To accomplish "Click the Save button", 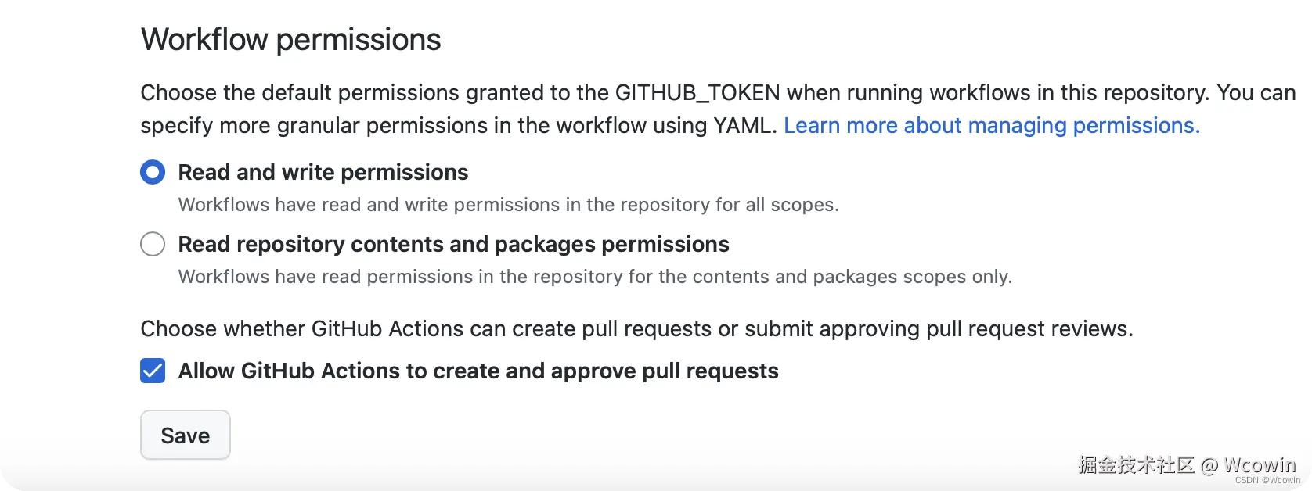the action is pyautogui.click(x=186, y=435).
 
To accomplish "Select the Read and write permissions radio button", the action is pyautogui.click(x=153, y=172).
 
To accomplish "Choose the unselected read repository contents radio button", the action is pyautogui.click(x=153, y=244).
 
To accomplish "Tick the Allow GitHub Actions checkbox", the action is pyautogui.click(x=153, y=371).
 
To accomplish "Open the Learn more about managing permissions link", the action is pyautogui.click(x=992, y=126).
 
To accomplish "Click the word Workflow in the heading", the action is pyautogui.click(x=204, y=40).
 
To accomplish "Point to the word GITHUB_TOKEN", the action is pyautogui.click(x=697, y=93).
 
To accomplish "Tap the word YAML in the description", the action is pyautogui.click(x=744, y=126).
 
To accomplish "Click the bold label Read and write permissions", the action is pyautogui.click(x=323, y=173).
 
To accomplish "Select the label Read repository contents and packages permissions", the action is pyautogui.click(x=453, y=245).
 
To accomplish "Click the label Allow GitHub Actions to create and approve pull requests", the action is pyautogui.click(x=478, y=371).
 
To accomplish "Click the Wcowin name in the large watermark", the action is pyautogui.click(x=1260, y=465).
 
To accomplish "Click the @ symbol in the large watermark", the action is pyautogui.click(x=1209, y=466).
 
